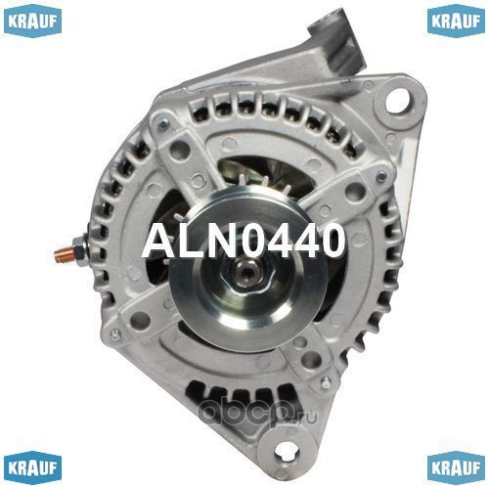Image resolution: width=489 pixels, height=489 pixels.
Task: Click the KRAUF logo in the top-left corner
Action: (32, 21)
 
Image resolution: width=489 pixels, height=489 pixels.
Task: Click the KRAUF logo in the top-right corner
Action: (456, 21)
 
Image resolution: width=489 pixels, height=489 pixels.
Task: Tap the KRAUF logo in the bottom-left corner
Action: (32, 467)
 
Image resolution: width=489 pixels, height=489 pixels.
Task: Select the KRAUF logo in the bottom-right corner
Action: (456, 467)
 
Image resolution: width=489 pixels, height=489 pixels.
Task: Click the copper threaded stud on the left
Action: (64, 252)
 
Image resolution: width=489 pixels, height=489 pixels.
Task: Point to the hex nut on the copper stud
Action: (80, 251)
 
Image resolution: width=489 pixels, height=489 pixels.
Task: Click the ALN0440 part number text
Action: (244, 241)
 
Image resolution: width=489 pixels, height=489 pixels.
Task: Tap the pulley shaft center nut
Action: (246, 270)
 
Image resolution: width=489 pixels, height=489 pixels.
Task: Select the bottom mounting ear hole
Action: (286, 452)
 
